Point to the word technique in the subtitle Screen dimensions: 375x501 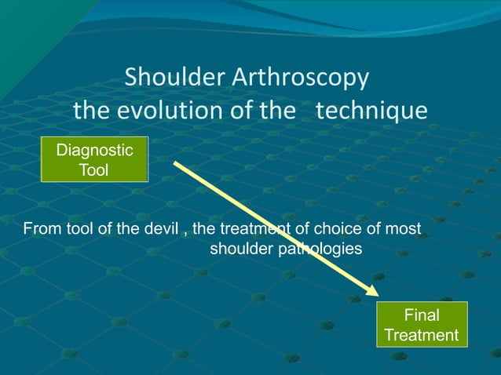tap(371, 111)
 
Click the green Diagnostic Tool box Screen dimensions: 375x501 tap(94, 160)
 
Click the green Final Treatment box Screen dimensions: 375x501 tap(422, 325)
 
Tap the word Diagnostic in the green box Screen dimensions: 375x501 tap(94, 151)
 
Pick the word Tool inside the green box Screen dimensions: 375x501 tap(94, 170)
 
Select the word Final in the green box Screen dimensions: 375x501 tap(422, 315)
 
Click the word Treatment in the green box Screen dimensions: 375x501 tap(422, 335)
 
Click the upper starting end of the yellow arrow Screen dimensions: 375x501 tap(175, 164)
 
